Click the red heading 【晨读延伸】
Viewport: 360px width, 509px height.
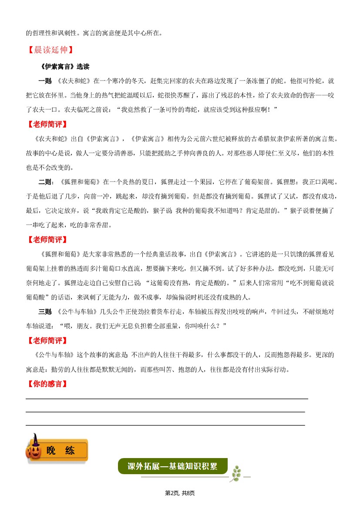pyautogui.click(x=51, y=50)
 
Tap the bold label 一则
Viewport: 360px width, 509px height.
pyautogui.click(x=45, y=81)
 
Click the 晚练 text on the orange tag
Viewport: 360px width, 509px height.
pyautogui.click(x=61, y=450)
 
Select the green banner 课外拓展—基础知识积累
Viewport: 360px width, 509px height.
pyautogui.click(x=172, y=466)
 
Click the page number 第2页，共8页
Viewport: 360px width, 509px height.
pyautogui.click(x=180, y=493)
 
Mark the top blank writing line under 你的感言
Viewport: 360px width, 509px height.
pyautogui.click(x=167, y=398)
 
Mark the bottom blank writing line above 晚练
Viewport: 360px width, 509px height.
pyautogui.click(x=165, y=425)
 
